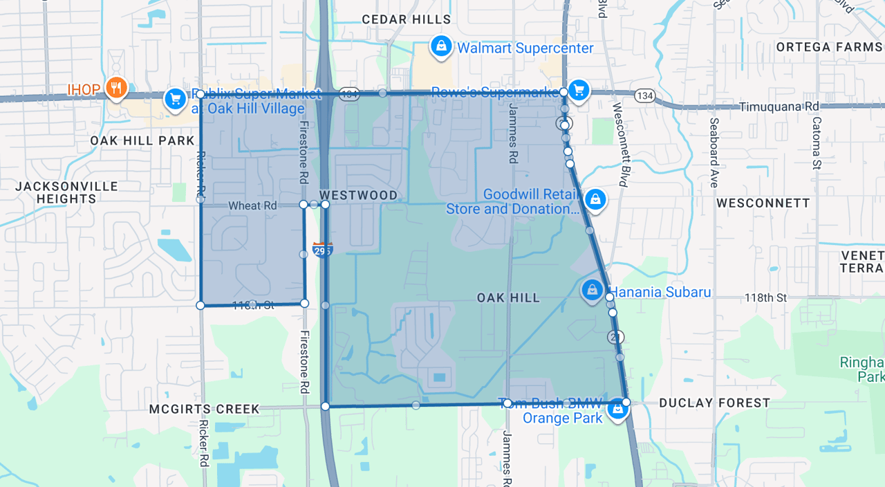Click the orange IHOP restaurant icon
pos(116,88)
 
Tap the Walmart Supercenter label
pos(525,48)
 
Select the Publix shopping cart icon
pos(175,99)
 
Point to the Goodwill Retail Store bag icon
pos(595,200)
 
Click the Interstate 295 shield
pos(322,249)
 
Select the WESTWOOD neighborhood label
pos(358,195)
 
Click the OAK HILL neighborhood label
pos(507,297)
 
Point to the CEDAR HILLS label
pos(406,19)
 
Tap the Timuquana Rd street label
pos(779,107)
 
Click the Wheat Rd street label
pos(252,205)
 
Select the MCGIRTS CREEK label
pos(205,409)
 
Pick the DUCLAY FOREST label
pos(714,403)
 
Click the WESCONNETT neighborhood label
pos(763,203)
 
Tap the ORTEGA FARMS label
pos(829,47)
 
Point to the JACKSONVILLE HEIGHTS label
pos(66,192)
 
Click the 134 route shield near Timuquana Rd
pos(644,95)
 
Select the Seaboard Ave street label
pos(714,152)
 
